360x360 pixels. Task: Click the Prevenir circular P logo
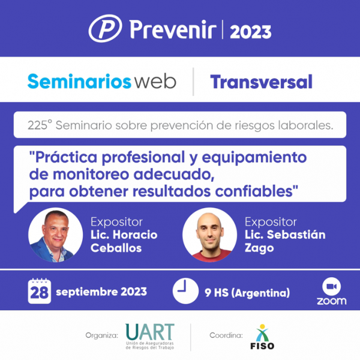[106, 28]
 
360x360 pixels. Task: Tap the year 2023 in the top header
[251, 32]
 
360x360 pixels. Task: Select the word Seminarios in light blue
[79, 82]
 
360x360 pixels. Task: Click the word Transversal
[261, 82]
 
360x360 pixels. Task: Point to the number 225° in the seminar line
[40, 125]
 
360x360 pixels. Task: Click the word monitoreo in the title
[91, 175]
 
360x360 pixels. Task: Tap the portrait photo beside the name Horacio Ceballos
[56, 235]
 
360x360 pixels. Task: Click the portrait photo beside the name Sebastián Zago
[209, 235]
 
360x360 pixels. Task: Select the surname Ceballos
[116, 248]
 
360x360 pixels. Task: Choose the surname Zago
[259, 248]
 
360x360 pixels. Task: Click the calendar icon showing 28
[40, 291]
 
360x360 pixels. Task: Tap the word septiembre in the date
[87, 292]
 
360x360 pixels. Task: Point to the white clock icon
[185, 291]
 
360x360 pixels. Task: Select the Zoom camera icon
[332, 287]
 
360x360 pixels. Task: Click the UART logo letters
[150, 332]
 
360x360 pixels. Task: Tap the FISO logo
[262, 337]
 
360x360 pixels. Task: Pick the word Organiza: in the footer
[102, 335]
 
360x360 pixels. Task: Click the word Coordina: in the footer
[226, 335]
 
